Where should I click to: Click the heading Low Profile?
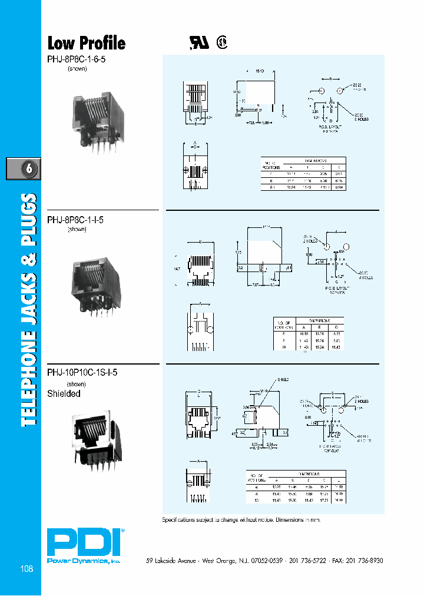click(x=86, y=43)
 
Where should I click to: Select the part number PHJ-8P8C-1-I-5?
click(x=75, y=220)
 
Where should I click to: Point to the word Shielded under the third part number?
click(x=64, y=393)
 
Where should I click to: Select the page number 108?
click(x=26, y=569)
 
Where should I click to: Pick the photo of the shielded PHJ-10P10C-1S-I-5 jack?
click(x=94, y=436)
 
